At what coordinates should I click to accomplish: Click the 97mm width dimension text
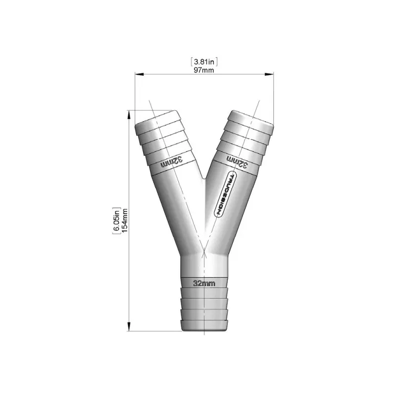pyautogui.click(x=204, y=70)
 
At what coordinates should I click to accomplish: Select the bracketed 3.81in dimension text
pyautogui.click(x=204, y=62)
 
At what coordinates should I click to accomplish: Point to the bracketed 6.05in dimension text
pyautogui.click(x=117, y=221)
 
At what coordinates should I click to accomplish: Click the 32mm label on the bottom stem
pyautogui.click(x=204, y=284)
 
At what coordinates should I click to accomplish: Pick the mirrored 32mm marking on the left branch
pyautogui.click(x=173, y=161)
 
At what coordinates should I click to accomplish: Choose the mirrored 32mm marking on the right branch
pyautogui.click(x=237, y=161)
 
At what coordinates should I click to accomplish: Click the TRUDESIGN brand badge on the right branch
pyautogui.click(x=225, y=195)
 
